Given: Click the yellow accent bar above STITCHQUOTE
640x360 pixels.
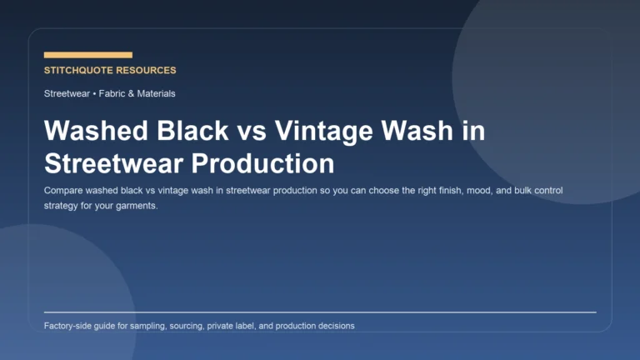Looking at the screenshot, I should click(87, 55).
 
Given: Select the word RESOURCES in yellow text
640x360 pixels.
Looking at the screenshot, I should click(147, 71).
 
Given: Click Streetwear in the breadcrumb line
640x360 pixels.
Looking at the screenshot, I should click(67, 93).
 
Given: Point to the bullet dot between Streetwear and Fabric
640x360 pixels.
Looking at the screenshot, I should click(94, 93).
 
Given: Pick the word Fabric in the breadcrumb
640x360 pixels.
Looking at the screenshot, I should click(112, 93).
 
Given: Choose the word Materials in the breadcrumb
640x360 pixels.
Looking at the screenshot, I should click(156, 93).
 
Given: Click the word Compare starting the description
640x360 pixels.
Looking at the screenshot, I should click(65, 191).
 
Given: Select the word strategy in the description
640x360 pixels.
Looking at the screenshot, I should click(62, 206).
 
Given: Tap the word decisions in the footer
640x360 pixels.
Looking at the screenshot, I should click(333, 326).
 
